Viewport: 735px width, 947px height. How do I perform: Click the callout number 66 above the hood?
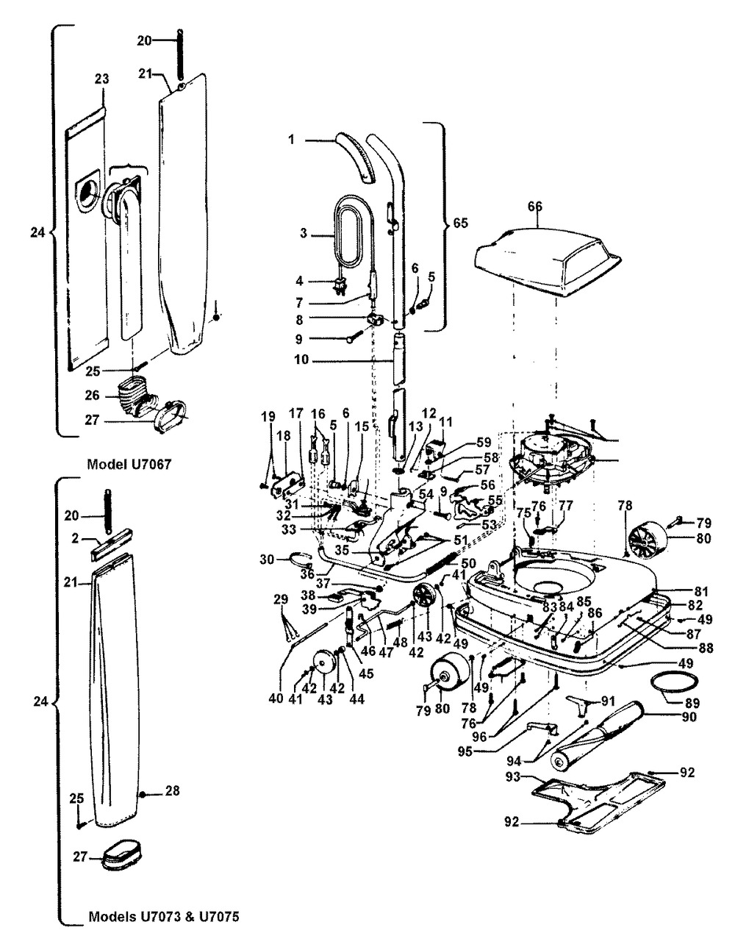[x=534, y=208]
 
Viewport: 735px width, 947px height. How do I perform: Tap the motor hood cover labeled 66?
[x=548, y=257]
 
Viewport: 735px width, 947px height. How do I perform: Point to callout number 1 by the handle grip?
[x=291, y=139]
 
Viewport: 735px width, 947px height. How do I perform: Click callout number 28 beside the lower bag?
[x=173, y=792]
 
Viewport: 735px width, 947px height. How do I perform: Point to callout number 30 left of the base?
[x=267, y=560]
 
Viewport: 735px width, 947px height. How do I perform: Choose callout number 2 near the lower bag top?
[x=76, y=538]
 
